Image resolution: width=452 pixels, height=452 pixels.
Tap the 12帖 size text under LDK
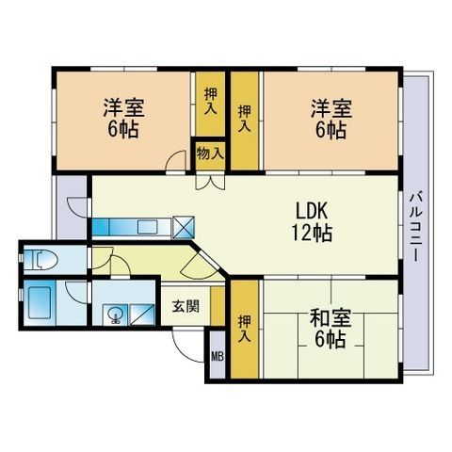(x=312, y=232)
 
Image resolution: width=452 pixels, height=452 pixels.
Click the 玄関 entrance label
(x=185, y=305)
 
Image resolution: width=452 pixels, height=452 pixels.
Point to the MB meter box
(x=218, y=356)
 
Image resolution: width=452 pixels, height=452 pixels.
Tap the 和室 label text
(x=329, y=318)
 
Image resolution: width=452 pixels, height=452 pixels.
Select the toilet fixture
(x=42, y=258)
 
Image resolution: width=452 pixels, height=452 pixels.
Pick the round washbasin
(x=116, y=315)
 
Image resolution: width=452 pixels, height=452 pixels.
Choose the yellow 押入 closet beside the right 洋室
(x=244, y=119)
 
